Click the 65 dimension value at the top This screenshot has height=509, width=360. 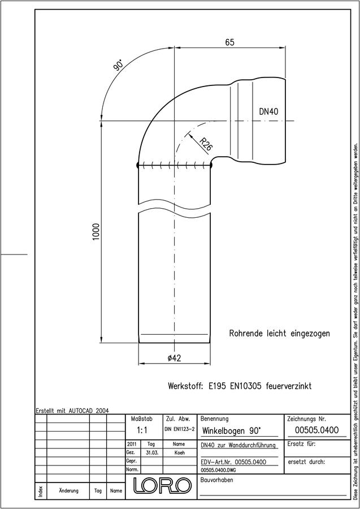point(229,42)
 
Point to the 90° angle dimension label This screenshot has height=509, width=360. point(118,65)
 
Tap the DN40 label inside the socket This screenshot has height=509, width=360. point(268,111)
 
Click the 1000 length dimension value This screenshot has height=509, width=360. point(96,231)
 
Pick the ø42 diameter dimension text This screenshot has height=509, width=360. point(175,358)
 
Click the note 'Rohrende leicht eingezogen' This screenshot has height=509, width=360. point(279,333)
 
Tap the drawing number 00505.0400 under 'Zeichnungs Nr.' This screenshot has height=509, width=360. point(316,430)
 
